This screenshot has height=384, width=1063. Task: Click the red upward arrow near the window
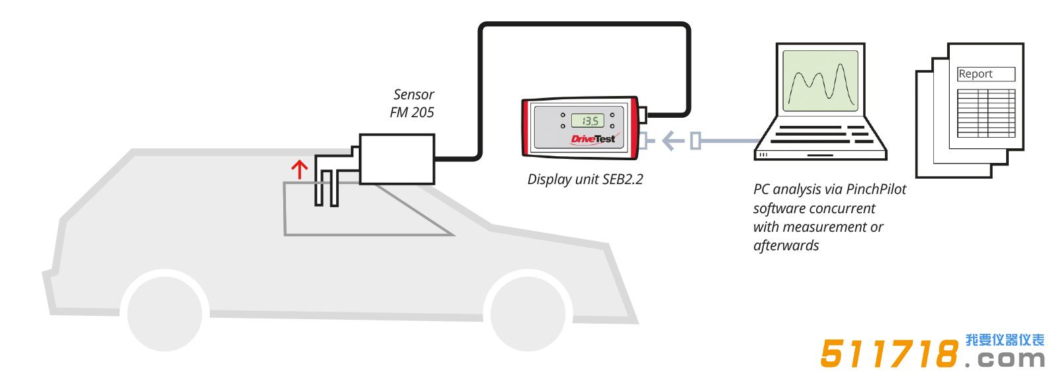click(x=300, y=169)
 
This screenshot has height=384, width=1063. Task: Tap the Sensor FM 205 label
click(x=412, y=103)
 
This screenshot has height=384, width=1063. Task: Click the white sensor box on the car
click(x=397, y=159)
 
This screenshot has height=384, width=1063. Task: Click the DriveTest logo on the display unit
click(x=592, y=139)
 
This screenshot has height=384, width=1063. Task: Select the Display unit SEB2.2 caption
click(x=585, y=179)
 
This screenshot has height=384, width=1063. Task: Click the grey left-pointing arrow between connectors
click(x=672, y=140)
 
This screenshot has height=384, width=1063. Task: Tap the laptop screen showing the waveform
click(x=821, y=80)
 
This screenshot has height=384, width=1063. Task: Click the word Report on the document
click(x=976, y=74)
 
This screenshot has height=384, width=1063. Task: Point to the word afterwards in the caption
click(x=786, y=246)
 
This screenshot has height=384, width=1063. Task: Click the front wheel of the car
click(x=164, y=310)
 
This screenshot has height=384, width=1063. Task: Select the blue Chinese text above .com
click(x=1004, y=340)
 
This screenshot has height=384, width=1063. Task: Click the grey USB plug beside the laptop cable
click(x=696, y=141)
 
